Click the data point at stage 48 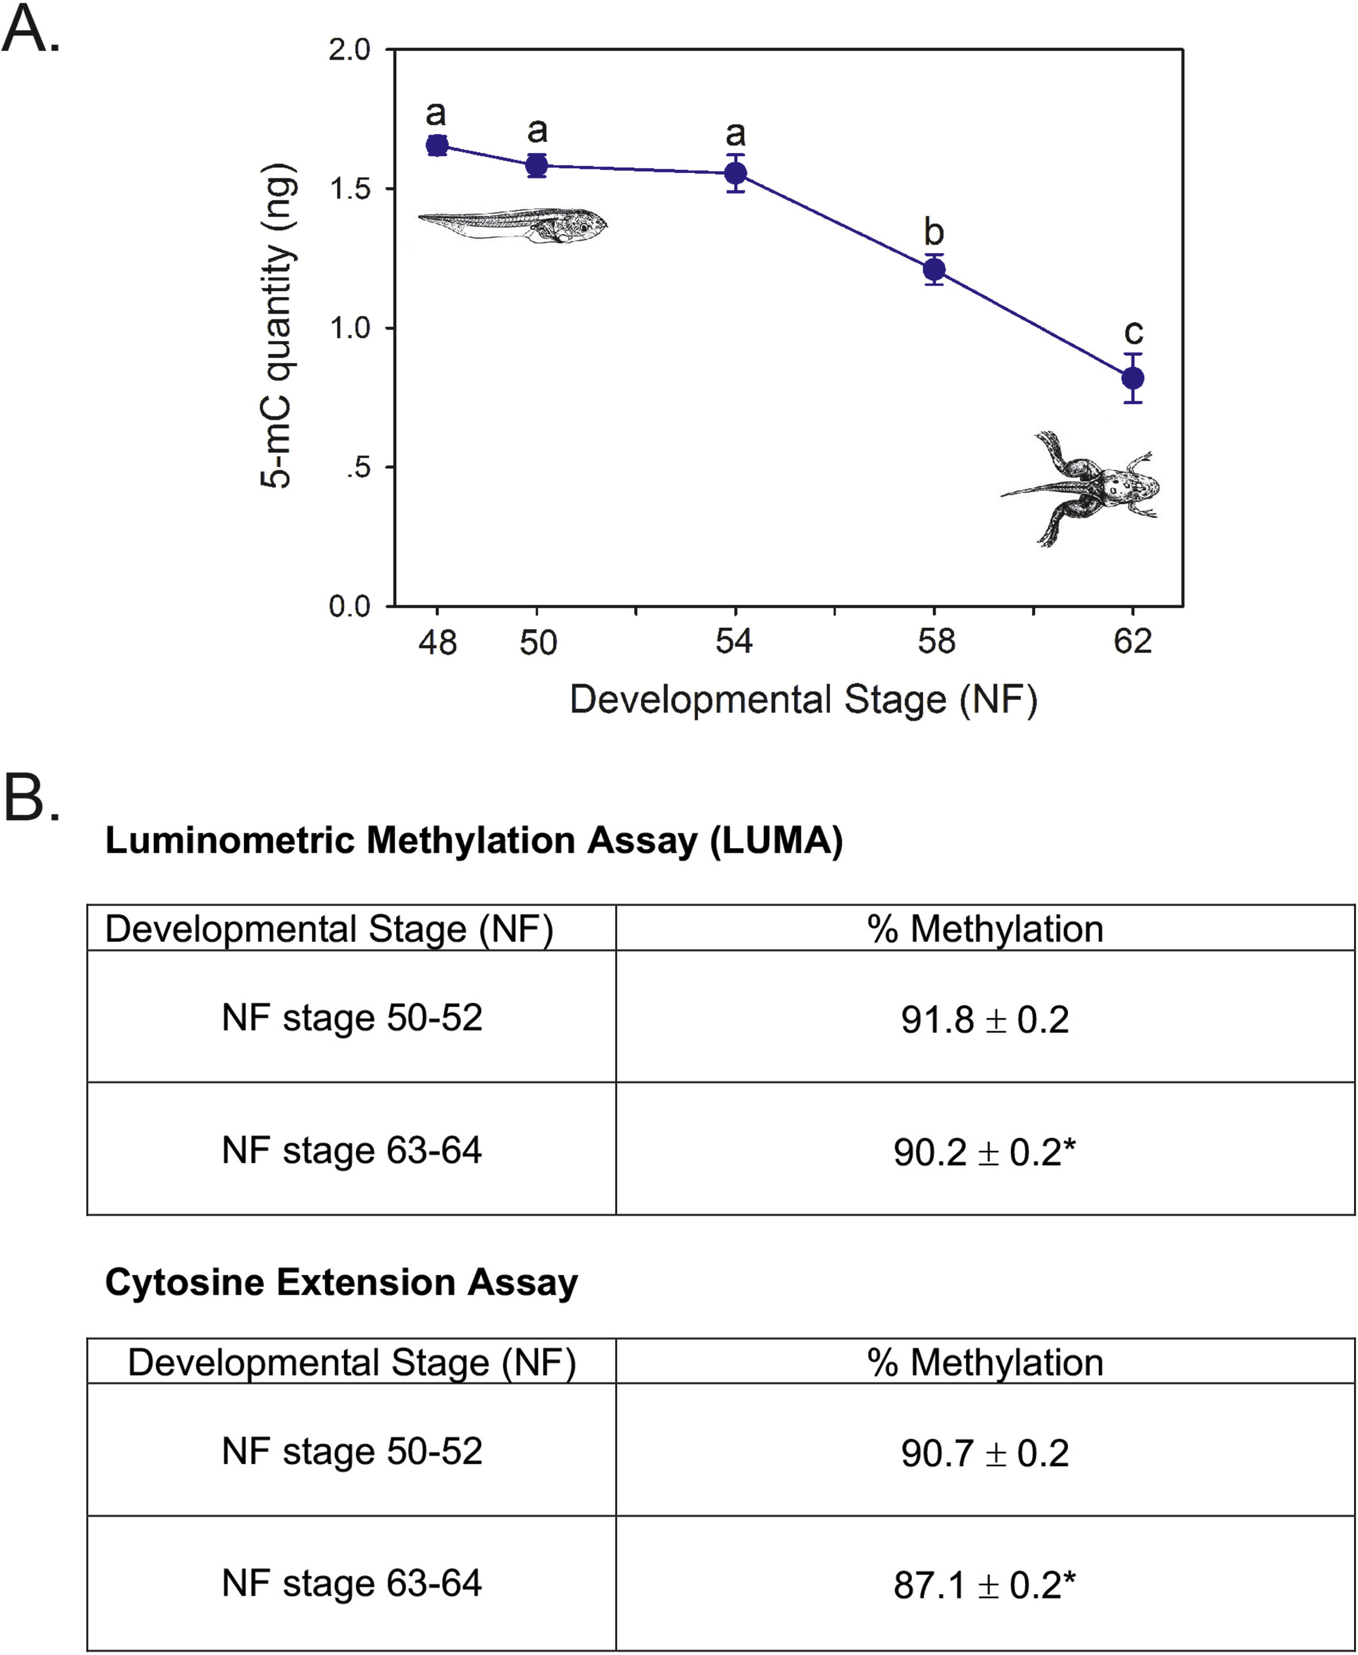[438, 145]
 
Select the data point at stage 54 [735, 173]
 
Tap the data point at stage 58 [934, 270]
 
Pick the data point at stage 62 [1133, 378]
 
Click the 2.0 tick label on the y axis [349, 50]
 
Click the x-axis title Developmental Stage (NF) [803, 700]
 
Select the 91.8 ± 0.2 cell [985, 1020]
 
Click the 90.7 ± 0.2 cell [985, 1453]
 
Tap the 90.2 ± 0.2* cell [985, 1152]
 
